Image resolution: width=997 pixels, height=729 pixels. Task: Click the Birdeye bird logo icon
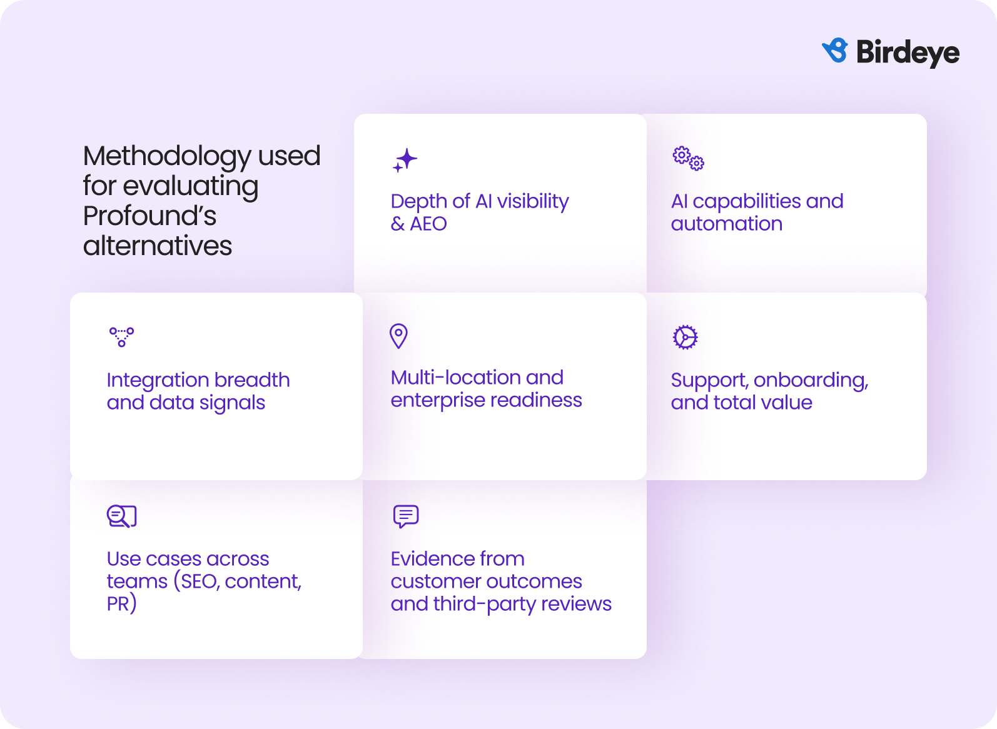tap(835, 51)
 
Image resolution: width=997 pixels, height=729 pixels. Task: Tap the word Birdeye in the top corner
tap(908, 53)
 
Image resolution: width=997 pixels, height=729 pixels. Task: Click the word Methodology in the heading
tap(166, 157)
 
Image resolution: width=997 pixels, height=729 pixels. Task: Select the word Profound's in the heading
tap(149, 216)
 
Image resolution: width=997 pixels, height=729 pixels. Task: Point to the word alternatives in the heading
tap(158, 246)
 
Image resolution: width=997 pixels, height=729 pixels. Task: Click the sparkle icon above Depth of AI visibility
tap(405, 160)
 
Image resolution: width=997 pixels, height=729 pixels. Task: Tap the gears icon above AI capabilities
tap(688, 158)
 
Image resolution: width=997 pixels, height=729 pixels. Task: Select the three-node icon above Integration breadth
tap(121, 336)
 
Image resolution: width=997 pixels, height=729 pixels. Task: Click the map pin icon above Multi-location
tap(398, 336)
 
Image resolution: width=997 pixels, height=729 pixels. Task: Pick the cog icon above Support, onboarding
tap(685, 337)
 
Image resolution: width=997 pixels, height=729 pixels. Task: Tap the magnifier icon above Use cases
tap(121, 516)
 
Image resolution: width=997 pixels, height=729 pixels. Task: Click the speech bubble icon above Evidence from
tap(405, 516)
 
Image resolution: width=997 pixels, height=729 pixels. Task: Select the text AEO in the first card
tap(428, 224)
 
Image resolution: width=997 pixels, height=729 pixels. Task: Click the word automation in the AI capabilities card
tap(726, 224)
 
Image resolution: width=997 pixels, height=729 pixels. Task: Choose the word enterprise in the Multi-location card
tap(443, 400)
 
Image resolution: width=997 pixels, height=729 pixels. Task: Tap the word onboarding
tap(811, 380)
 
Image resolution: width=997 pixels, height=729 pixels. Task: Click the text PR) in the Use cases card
tap(121, 604)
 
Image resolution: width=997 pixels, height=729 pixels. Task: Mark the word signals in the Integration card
tap(232, 403)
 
